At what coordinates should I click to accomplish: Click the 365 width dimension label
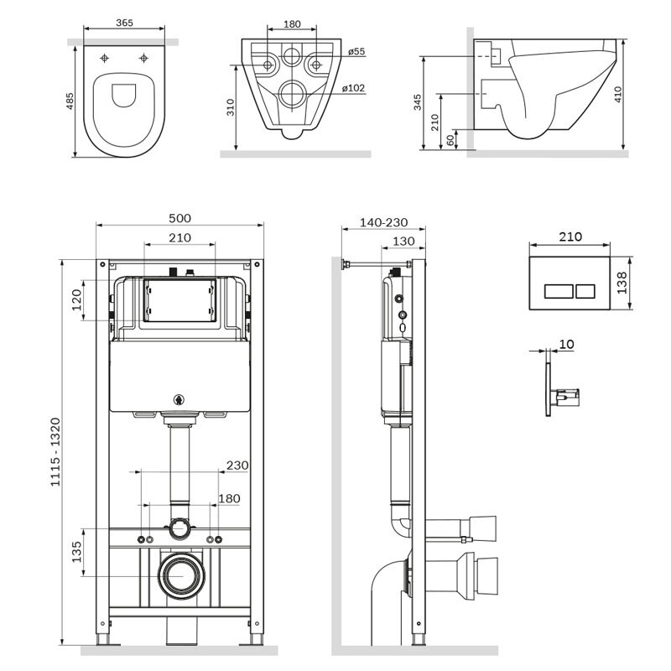[124, 23]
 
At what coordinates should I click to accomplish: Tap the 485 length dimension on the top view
[70, 101]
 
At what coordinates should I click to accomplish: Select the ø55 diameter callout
[356, 51]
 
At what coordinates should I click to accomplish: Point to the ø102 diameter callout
[353, 88]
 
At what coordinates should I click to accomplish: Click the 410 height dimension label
[618, 94]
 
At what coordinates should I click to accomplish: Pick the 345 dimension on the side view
[418, 102]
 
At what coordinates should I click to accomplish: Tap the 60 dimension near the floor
[450, 140]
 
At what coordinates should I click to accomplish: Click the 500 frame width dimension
[179, 218]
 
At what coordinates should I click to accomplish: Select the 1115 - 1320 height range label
[55, 452]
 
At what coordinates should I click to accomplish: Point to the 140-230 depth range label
[384, 222]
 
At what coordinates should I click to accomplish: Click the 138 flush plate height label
[622, 283]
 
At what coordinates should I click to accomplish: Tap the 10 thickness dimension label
[567, 344]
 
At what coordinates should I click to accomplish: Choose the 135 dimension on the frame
[76, 552]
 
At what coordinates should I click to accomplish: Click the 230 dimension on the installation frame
[237, 466]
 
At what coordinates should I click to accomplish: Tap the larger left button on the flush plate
[559, 291]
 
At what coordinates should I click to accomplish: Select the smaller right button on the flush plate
[585, 291]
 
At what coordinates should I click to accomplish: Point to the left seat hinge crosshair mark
[104, 58]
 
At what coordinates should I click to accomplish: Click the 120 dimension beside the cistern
[76, 299]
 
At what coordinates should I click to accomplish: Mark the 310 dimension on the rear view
[231, 107]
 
